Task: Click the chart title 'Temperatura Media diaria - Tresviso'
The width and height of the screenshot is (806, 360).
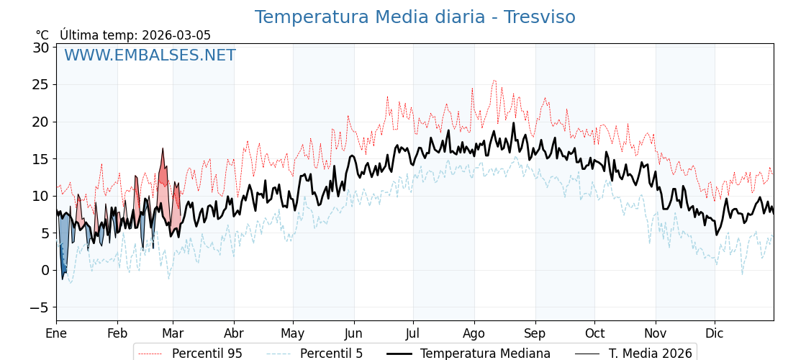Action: click(415, 17)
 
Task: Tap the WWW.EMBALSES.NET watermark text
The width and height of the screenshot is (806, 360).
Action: click(150, 55)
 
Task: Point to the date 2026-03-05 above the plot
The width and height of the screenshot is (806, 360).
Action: click(176, 35)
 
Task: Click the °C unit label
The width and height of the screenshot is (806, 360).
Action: click(42, 35)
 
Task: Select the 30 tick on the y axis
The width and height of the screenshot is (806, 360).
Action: click(40, 48)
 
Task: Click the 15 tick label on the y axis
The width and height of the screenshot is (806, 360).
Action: click(40, 159)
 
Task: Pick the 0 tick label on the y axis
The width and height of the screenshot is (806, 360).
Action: click(45, 270)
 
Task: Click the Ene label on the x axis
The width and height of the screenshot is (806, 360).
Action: click(56, 333)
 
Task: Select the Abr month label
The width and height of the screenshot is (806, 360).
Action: click(234, 333)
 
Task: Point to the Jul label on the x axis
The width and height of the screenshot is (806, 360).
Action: click(413, 333)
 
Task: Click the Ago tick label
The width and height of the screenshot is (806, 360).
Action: click(474, 333)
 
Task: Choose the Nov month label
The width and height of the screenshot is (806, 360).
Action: click(656, 333)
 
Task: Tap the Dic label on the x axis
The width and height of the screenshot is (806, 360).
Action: click(715, 333)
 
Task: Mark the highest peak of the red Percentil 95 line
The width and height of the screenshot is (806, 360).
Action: click(494, 81)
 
